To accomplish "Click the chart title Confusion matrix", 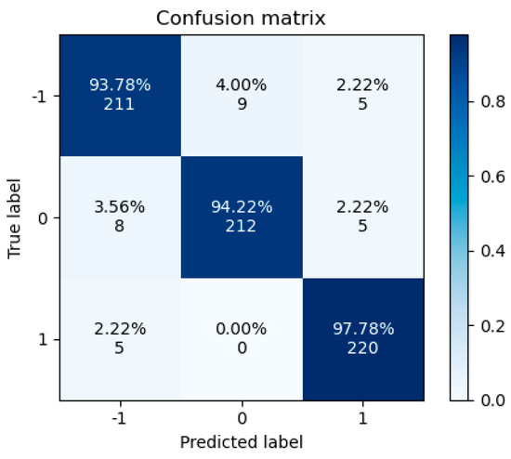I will (242, 18).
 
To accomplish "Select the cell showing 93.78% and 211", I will (120, 95).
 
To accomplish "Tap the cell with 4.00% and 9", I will (242, 95).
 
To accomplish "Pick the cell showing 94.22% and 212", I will (242, 217).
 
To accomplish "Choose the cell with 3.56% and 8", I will (120, 217).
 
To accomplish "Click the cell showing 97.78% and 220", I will (363, 339).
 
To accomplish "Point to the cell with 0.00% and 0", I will (242, 339).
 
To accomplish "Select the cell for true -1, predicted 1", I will (363, 95).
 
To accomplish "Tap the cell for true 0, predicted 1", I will (363, 217).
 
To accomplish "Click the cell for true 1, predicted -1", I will (120, 339).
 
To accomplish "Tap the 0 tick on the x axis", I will (242, 417).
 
